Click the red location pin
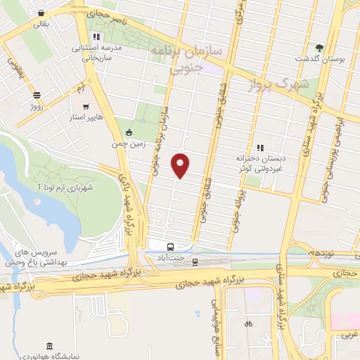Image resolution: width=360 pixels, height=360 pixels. click(181, 165)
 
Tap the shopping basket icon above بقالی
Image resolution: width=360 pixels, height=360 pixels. click(42, 13)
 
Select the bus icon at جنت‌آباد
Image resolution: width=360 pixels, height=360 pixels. click(170, 247)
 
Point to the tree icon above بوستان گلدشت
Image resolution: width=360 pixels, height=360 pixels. click(320, 46)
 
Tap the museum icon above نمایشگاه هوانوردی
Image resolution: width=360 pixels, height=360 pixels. click(48, 346)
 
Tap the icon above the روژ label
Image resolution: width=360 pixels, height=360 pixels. click(37, 95)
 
